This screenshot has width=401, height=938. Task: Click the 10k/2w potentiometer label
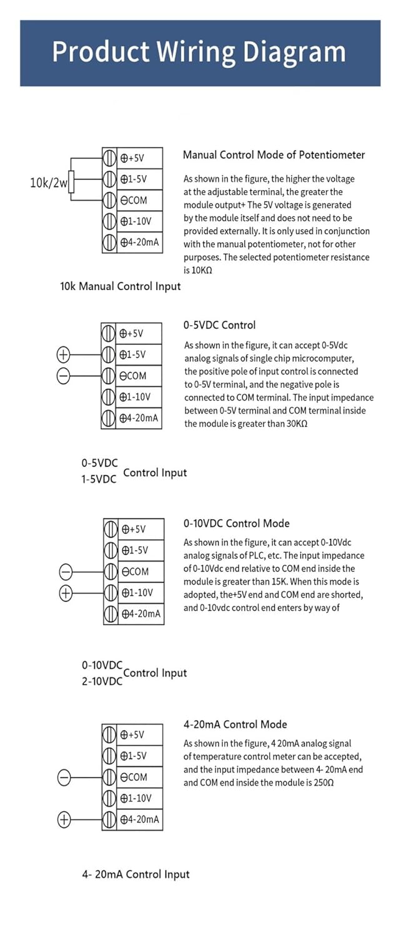tap(48, 183)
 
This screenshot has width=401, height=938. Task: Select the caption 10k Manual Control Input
tap(120, 286)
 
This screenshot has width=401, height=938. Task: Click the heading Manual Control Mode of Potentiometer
tap(274, 154)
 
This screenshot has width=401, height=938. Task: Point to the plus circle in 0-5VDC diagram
tap(63, 355)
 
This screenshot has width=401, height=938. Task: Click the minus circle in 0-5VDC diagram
tap(63, 375)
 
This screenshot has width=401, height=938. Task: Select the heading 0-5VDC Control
tap(219, 325)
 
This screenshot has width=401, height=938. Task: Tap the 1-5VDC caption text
tap(99, 480)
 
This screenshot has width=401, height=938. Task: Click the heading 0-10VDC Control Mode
tap(236, 523)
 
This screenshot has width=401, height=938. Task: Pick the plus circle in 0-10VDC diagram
tap(66, 593)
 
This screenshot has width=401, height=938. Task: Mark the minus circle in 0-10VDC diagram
tap(66, 572)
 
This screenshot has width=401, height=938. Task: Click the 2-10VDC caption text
tap(102, 681)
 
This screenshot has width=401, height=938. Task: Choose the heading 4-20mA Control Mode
tap(235, 724)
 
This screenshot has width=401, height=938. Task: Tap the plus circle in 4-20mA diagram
tap(64, 819)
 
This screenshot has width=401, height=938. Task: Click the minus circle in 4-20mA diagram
tap(64, 777)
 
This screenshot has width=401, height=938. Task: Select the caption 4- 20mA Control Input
tap(136, 874)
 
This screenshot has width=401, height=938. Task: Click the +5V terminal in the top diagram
tap(132, 158)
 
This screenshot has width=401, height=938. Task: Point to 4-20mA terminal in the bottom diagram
tap(140, 819)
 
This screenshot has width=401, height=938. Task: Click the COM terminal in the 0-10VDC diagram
tap(136, 572)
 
